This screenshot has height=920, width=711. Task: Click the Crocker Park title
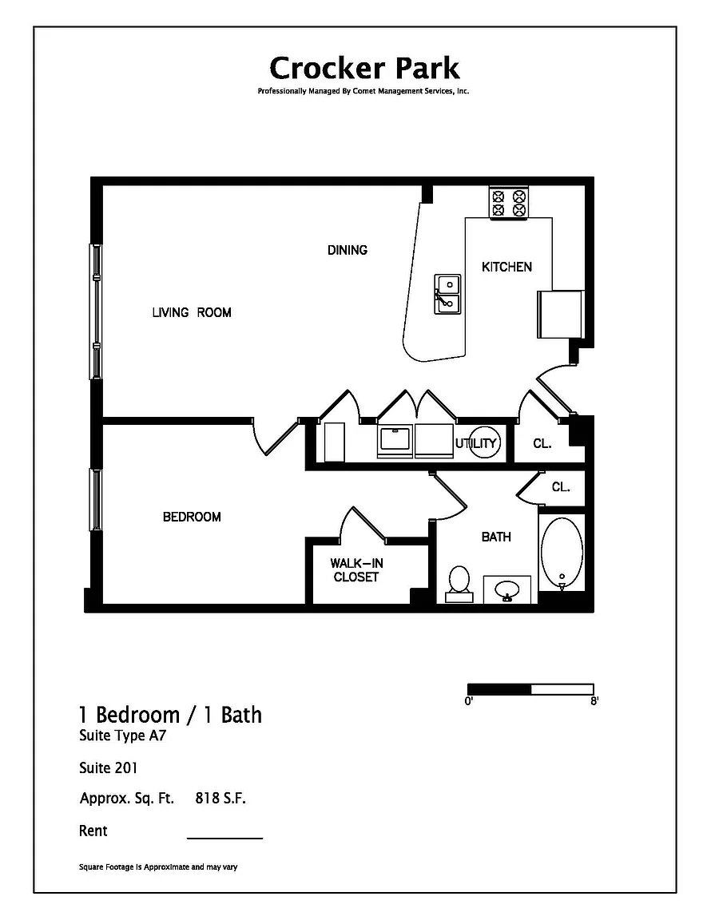point(364,68)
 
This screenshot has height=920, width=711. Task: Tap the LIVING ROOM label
point(192,312)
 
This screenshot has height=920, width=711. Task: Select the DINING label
point(347,250)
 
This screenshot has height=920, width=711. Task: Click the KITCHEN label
point(506,267)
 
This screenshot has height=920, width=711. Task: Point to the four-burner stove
point(508,202)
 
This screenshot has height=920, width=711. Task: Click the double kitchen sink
point(447,293)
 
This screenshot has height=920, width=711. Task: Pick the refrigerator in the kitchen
point(560,314)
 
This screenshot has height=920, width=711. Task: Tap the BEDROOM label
point(192,517)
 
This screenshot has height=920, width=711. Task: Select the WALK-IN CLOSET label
point(356,569)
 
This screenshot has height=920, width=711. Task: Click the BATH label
point(496,537)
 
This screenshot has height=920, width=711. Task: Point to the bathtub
point(562,553)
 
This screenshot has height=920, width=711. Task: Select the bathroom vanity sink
point(507,589)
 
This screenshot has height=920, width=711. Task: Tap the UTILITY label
point(476,443)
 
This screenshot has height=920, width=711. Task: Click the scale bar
point(530,689)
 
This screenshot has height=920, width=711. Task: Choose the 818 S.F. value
point(220,798)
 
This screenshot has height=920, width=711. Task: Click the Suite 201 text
point(108,767)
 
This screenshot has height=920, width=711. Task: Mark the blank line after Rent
point(224,839)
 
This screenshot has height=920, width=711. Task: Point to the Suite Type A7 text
point(123,736)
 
